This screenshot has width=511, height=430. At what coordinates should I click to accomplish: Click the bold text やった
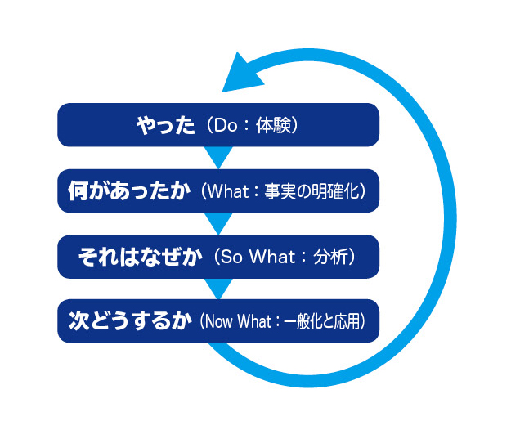pyautogui.click(x=166, y=125)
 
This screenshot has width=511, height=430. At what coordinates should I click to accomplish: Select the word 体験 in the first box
pyautogui.click(x=275, y=126)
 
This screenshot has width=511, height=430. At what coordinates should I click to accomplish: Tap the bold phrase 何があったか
pyautogui.click(x=128, y=190)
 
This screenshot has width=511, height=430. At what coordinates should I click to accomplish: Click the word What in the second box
pyautogui.click(x=228, y=191)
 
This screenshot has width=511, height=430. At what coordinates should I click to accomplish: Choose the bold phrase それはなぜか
pyautogui.click(x=140, y=256)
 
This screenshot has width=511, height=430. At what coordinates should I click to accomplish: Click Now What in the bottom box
pyautogui.click(x=240, y=322)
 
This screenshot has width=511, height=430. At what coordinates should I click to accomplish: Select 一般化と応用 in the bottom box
pyautogui.click(x=320, y=322)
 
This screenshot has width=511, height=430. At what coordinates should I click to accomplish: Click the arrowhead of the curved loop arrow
pyautogui.click(x=242, y=72)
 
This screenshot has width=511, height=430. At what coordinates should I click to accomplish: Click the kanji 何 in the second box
pyautogui.click(x=78, y=190)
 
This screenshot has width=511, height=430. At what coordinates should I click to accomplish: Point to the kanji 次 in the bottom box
pyautogui.click(x=78, y=321)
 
